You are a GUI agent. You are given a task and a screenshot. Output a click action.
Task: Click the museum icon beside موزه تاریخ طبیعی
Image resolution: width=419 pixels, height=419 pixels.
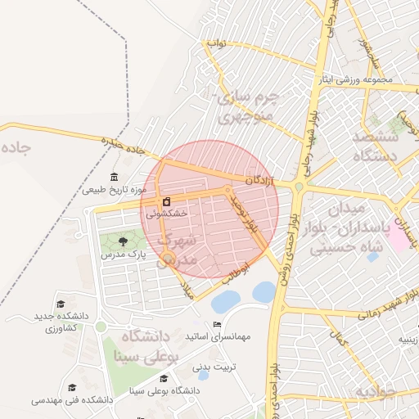point(114,178)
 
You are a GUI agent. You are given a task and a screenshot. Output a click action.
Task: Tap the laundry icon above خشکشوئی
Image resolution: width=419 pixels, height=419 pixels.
point(167,201)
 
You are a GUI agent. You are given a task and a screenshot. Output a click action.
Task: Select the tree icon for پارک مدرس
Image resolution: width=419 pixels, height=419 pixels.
point(123,241)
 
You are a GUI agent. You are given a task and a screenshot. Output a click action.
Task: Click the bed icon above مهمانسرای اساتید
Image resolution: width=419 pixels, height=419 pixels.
point(217,325)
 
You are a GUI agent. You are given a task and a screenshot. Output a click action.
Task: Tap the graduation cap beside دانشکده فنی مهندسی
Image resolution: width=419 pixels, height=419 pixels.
point(72,387)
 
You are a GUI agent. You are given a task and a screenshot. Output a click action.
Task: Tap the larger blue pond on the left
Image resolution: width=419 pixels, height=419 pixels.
point(225,302)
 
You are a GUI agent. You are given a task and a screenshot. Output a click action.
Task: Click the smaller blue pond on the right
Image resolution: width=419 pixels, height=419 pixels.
point(264,291)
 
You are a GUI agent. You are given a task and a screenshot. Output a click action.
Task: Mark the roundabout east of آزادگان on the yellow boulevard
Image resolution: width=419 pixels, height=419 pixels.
point(300,187)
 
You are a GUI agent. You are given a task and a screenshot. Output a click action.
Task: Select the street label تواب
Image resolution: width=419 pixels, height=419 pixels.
point(216,43)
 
